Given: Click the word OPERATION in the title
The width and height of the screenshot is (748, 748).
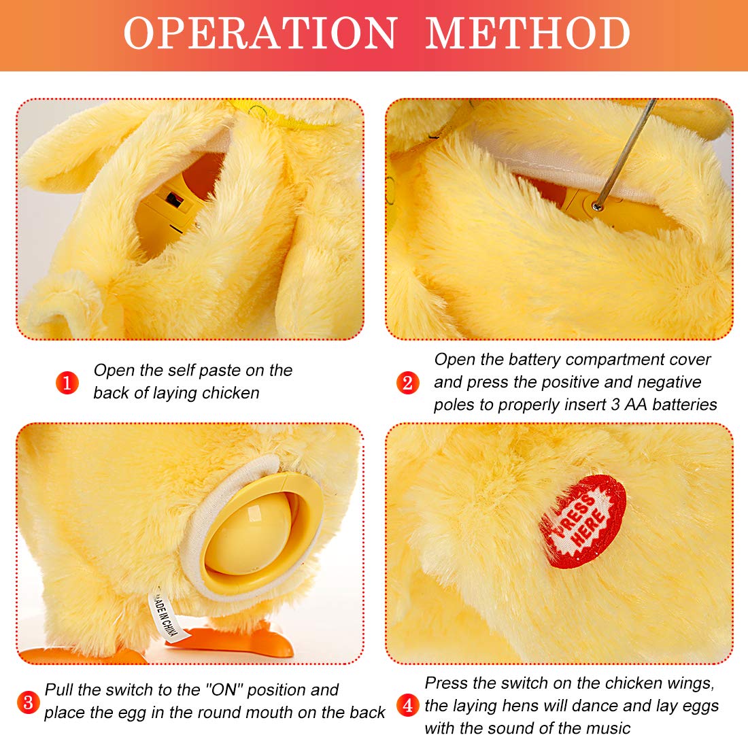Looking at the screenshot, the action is [260, 33].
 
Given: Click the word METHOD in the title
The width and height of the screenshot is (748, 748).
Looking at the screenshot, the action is [528, 33].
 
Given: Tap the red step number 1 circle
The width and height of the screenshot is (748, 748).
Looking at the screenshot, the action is [67, 383].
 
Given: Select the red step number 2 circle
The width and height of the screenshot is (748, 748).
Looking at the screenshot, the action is [407, 383].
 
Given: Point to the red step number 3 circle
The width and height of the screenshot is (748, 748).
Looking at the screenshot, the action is [28, 702].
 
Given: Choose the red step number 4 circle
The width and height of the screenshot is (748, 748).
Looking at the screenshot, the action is [407, 704].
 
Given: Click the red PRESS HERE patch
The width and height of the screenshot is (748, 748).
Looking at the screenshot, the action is [582, 522].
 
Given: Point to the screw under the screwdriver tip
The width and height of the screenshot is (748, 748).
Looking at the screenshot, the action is [596, 206].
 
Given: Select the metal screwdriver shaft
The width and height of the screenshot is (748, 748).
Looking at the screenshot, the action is [626, 151].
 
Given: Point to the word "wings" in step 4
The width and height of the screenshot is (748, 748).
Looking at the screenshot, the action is [691, 684].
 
